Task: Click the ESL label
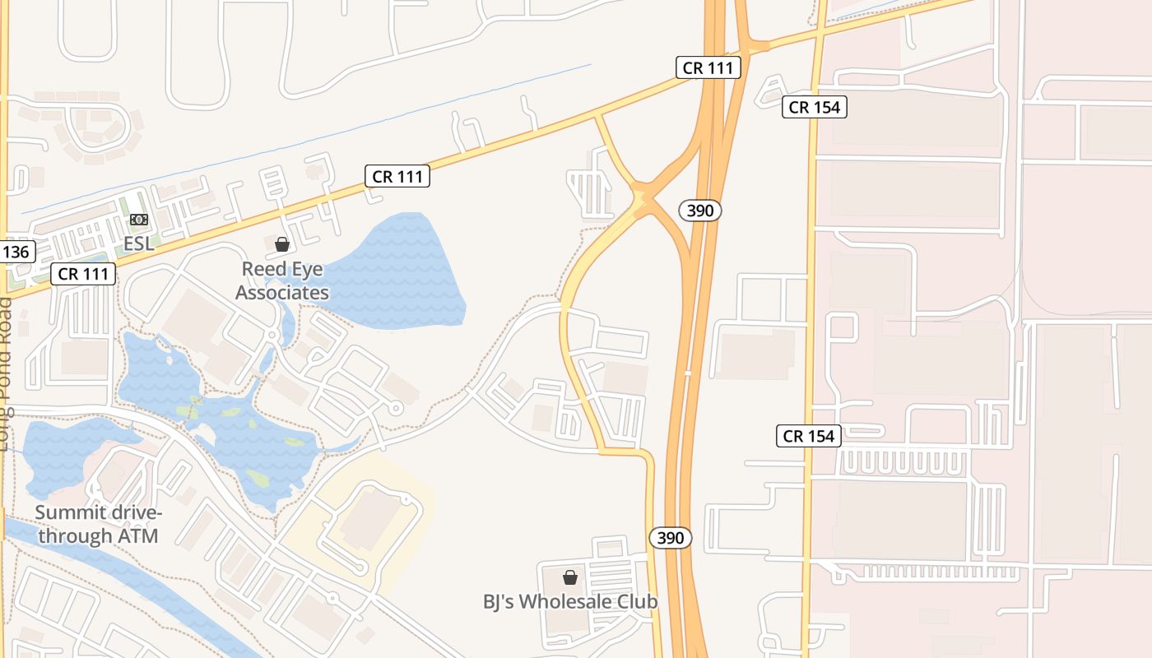pos(138,244)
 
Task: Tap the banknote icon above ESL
pos(138,220)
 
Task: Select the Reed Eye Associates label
pos(282,280)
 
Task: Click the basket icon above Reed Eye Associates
pos(282,244)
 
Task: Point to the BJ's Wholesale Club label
pos(570,601)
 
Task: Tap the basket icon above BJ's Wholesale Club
pos(570,577)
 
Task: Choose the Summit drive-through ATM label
pos(99,525)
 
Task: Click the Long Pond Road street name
pos(7,374)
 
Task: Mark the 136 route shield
pos(16,252)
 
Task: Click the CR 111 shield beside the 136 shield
pos(84,274)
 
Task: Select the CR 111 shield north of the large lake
pos(398,176)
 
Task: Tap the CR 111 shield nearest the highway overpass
pos(708,67)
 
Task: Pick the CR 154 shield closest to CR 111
pos(815,107)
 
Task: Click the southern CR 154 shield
pos(809,436)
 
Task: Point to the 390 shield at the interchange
pos(700,211)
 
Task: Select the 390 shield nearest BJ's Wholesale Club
pos(671,538)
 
